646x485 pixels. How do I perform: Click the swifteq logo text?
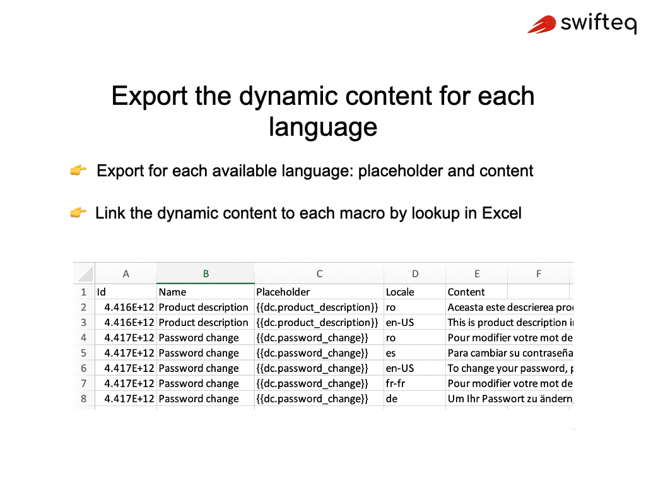[599, 23]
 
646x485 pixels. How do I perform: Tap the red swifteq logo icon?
[542, 25]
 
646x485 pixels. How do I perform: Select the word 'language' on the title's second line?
[323, 127]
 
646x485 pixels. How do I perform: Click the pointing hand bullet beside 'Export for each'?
[78, 170]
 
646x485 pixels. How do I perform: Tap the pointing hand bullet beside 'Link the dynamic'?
[78, 212]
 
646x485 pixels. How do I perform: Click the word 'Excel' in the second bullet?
[502, 213]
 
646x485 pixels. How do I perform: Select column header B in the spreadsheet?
[206, 274]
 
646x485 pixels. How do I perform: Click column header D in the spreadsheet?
[415, 274]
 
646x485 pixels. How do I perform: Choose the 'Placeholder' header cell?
[319, 292]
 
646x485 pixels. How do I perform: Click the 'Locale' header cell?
[415, 292]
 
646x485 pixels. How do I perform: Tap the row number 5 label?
[84, 353]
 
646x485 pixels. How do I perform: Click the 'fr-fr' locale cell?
[415, 383]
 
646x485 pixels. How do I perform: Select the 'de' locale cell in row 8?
[415, 399]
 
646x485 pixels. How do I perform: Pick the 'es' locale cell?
[415, 353]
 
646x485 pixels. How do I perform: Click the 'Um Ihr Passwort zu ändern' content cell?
[510, 399]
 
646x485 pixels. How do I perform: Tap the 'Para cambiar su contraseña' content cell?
[510, 353]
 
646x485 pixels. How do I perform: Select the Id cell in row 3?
[126, 323]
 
